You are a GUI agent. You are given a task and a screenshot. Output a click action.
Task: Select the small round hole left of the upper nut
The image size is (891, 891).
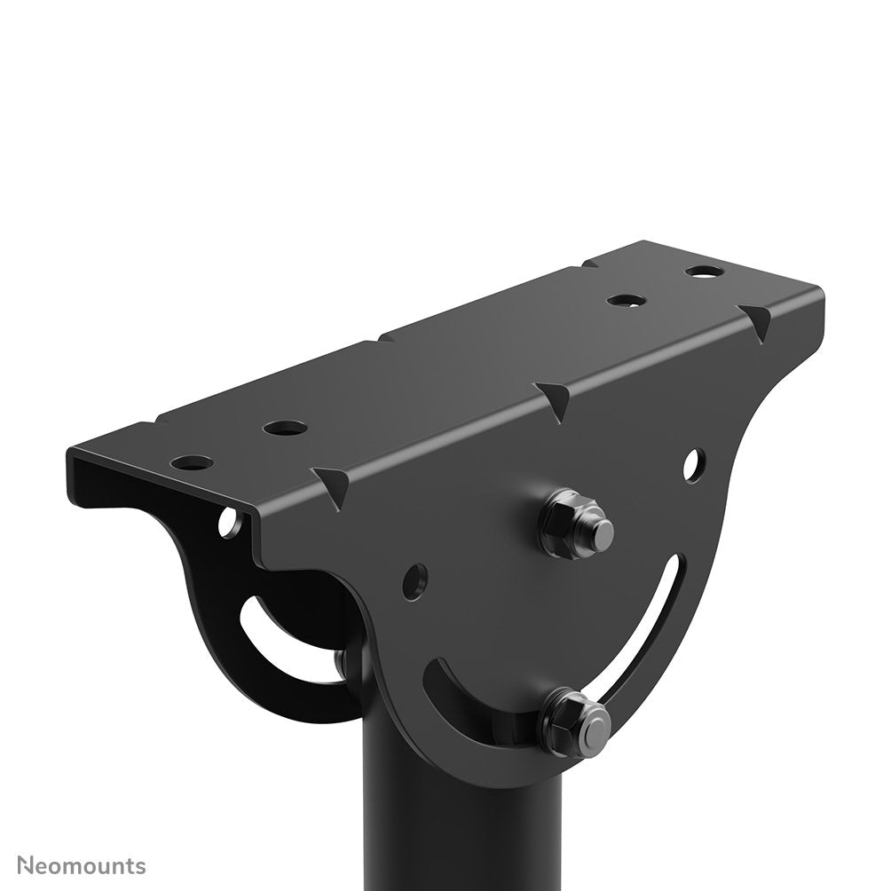(x=414, y=580)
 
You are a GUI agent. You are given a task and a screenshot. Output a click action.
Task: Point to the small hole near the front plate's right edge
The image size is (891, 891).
(x=695, y=462)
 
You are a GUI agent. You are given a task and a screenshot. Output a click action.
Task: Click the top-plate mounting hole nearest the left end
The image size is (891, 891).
(x=193, y=462)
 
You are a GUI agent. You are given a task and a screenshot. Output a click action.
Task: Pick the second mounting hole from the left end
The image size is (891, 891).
(x=286, y=428)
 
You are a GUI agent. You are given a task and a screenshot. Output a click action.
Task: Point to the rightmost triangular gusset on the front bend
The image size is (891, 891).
(x=758, y=318)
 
